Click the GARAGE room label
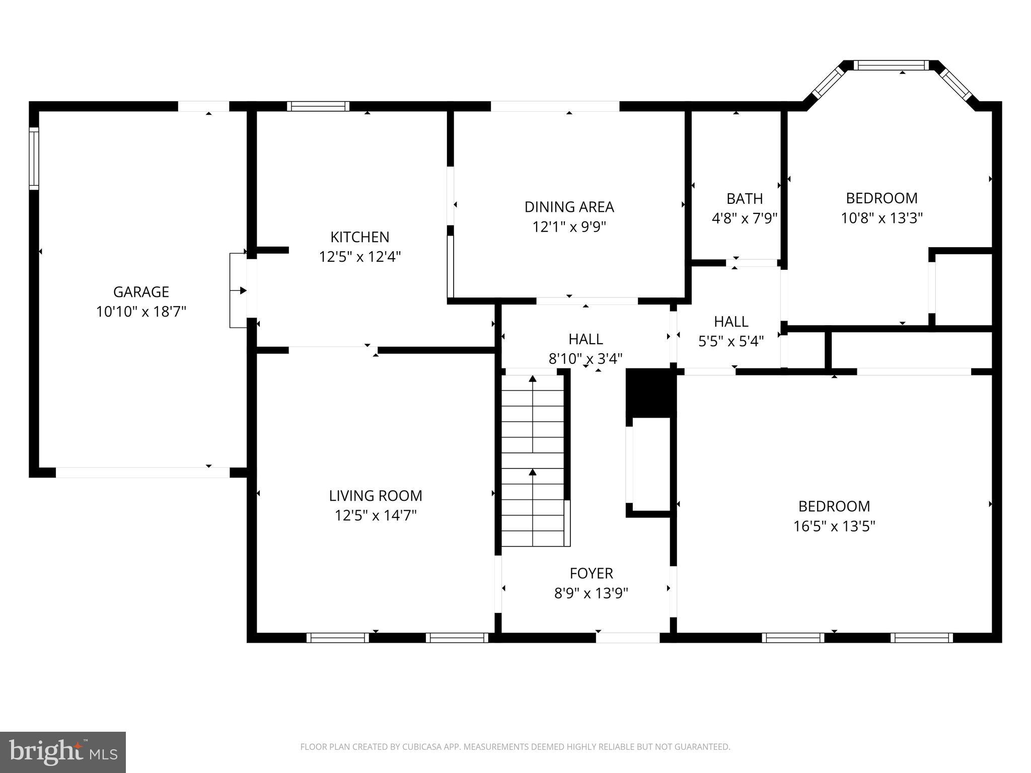(141, 292)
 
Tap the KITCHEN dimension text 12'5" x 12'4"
(359, 257)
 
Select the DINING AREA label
(569, 207)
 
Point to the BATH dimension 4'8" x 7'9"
(744, 218)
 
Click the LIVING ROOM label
(376, 496)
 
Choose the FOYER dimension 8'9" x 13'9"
(591, 593)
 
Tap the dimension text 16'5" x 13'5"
(834, 526)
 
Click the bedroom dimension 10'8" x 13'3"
(881, 218)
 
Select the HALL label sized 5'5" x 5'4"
(731, 322)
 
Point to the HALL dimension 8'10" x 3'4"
(585, 359)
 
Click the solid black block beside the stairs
(649, 393)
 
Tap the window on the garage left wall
(34, 158)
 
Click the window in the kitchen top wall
(318, 106)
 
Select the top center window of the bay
(891, 65)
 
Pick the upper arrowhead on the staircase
(533, 378)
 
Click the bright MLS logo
(63, 752)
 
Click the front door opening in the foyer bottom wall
(628, 638)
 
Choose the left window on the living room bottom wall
(338, 638)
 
